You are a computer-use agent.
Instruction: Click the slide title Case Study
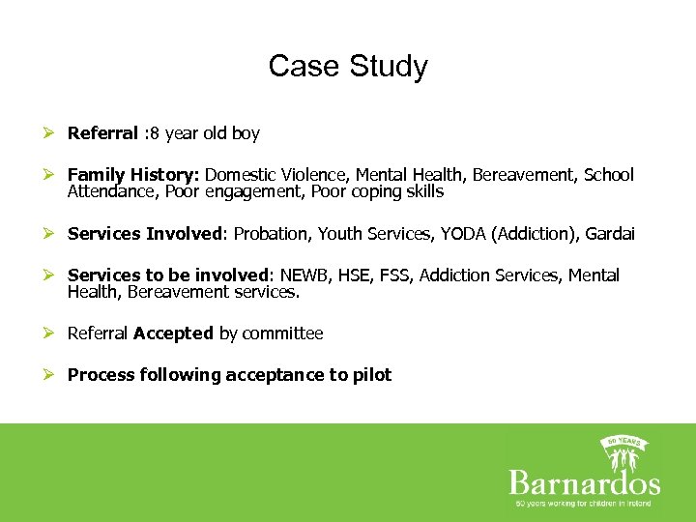pyautogui.click(x=348, y=66)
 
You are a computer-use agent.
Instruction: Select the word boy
pyautogui.click(x=246, y=133)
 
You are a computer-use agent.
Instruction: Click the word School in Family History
pyautogui.click(x=609, y=175)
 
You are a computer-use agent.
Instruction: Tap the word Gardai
pyautogui.click(x=610, y=234)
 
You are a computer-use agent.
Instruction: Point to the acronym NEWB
pyautogui.click(x=304, y=275)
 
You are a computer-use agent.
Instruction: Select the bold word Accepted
pyautogui.click(x=173, y=333)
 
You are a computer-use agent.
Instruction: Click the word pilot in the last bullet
pyautogui.click(x=372, y=375)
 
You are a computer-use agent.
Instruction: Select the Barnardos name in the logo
pyautogui.click(x=584, y=482)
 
